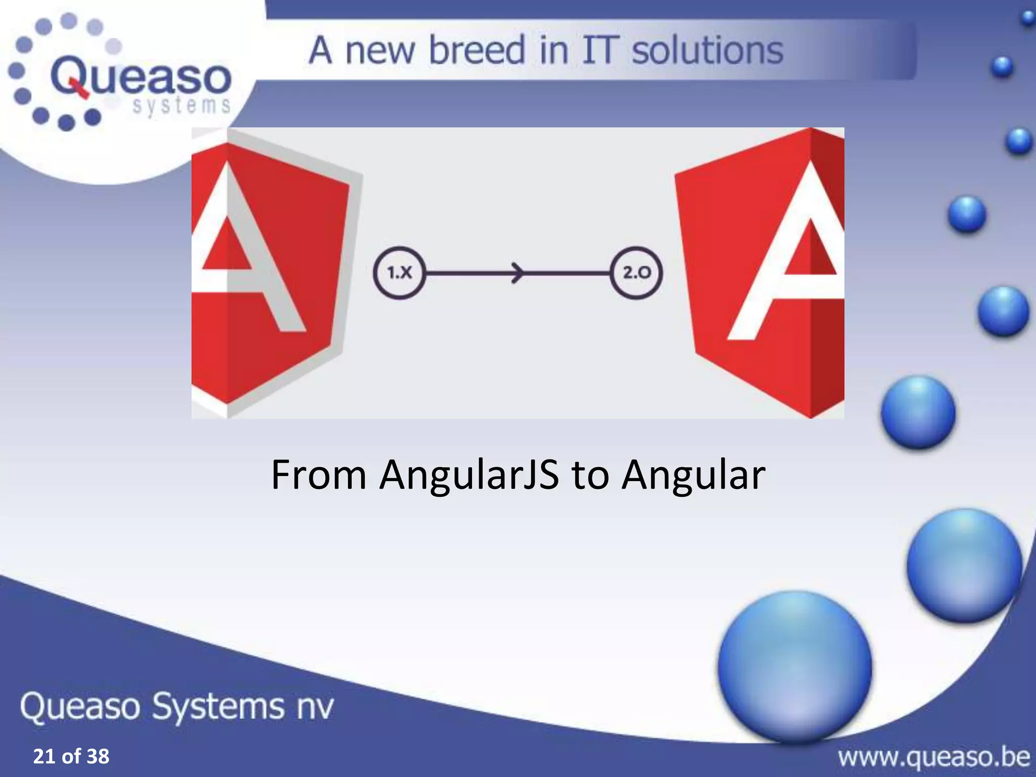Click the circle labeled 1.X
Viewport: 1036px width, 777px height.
point(399,273)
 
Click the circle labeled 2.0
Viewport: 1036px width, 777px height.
point(636,273)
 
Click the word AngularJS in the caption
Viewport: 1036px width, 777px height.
point(469,476)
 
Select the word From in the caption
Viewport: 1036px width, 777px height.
point(319,476)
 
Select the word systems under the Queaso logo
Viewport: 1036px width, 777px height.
point(181,106)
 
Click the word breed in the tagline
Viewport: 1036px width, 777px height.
point(477,51)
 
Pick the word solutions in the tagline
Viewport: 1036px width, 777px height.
point(707,51)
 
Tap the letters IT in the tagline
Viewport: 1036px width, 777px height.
point(600,51)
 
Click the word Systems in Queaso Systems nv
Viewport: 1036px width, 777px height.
point(218,707)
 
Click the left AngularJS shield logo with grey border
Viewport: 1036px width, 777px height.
point(266,273)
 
